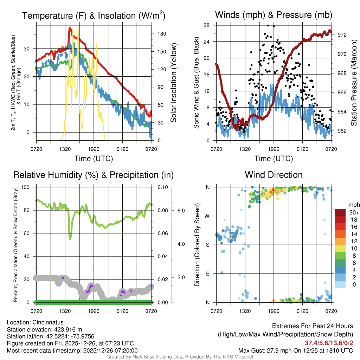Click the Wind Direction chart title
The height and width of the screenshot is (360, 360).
tap(274, 175)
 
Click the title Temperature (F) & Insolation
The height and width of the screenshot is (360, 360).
tap(94, 16)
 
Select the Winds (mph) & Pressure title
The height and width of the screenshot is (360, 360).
tap(274, 15)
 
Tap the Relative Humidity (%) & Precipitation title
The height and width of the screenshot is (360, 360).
tap(93, 175)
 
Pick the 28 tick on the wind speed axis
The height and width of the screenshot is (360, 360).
tap(206, 25)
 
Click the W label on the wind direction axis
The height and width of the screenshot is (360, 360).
tap(208, 216)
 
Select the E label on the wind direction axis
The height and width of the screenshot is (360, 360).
tap(208, 274)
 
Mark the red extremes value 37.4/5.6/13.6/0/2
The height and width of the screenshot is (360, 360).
tap(329, 343)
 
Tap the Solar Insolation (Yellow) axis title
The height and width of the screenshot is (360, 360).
tap(173, 83)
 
